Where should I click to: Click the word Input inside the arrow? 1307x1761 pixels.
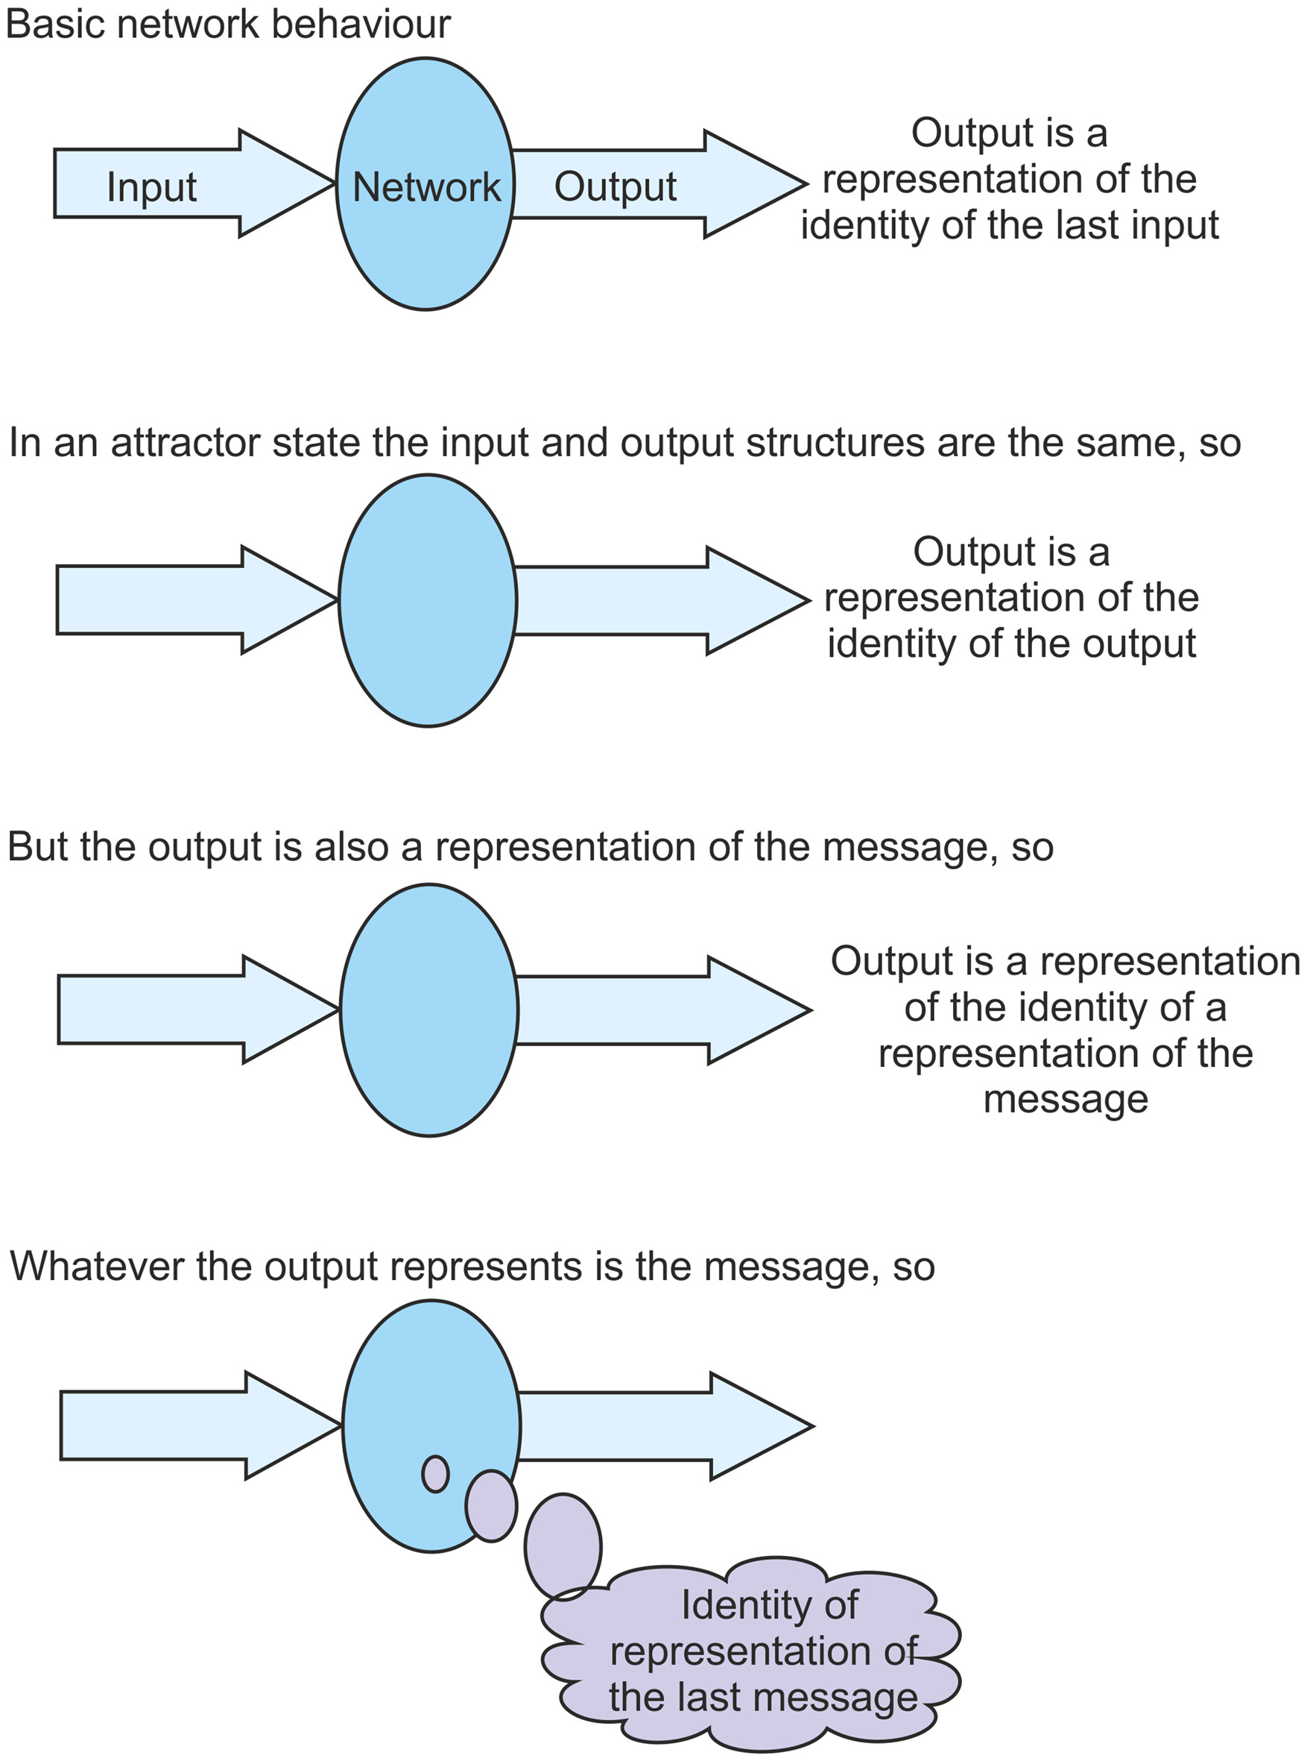(x=151, y=188)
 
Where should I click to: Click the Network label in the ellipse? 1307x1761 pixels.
(x=426, y=188)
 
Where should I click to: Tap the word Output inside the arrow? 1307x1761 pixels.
(x=615, y=187)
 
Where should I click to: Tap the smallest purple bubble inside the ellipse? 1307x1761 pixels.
(x=435, y=1474)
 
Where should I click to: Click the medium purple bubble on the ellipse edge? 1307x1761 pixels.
(x=490, y=1505)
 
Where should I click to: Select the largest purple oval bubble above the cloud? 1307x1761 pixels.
(x=563, y=1546)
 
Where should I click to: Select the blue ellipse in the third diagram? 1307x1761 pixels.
(x=428, y=1010)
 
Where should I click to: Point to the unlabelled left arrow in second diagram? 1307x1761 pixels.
(x=174, y=600)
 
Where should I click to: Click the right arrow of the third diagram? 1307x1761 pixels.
(x=649, y=1010)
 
